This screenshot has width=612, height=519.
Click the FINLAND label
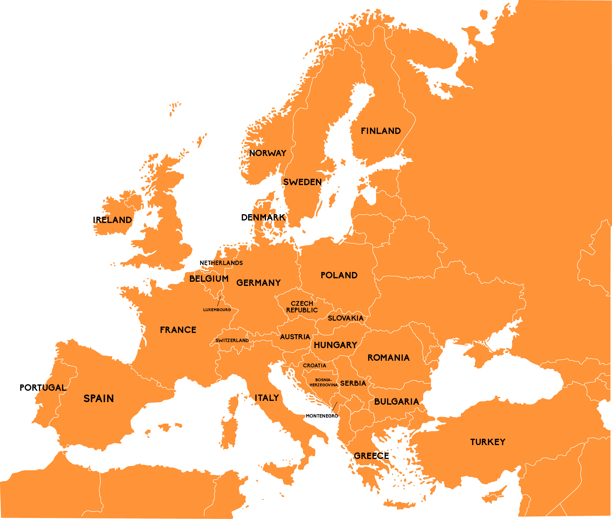point(381,131)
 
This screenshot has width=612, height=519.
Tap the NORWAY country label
point(268,153)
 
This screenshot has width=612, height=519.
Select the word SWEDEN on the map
point(302,182)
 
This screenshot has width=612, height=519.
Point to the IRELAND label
point(112,220)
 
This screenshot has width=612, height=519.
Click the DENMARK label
point(263,217)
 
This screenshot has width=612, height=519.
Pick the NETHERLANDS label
point(221,263)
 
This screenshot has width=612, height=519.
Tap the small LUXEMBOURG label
point(217,310)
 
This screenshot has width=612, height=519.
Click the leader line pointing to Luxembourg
point(219,301)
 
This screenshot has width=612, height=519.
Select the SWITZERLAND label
point(232,340)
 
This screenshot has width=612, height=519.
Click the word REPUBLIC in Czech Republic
point(302,310)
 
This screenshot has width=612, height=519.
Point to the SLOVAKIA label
point(346,318)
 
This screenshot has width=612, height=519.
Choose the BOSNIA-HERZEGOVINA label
point(324,383)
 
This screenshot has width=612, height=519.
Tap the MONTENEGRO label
point(322,416)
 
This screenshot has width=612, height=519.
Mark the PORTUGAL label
point(43,388)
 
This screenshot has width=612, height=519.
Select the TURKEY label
point(488,442)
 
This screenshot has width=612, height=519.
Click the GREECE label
point(371,456)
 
